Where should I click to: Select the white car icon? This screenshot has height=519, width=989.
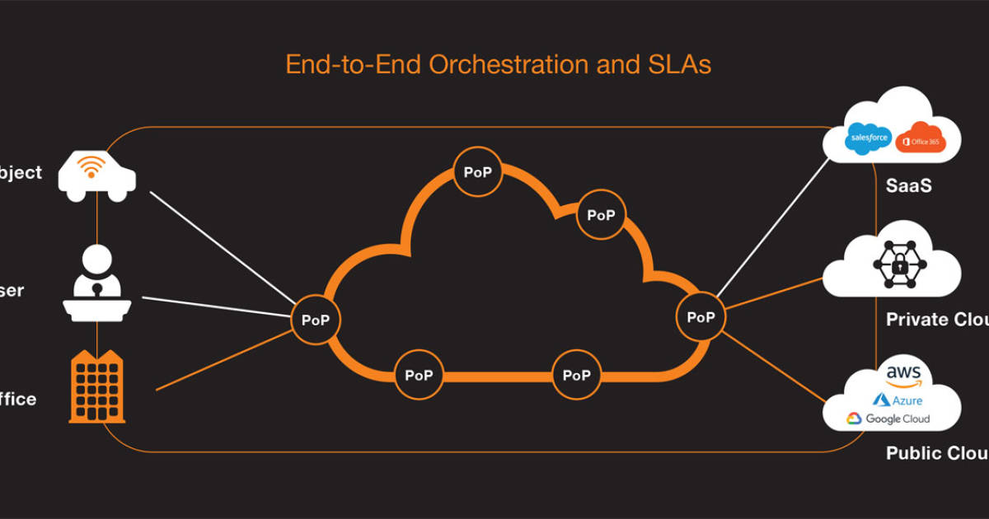click(97, 175)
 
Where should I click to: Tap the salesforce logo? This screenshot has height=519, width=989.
click(868, 137)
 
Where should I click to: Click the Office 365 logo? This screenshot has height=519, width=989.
click(921, 138)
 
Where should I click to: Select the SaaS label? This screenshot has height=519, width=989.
click(909, 186)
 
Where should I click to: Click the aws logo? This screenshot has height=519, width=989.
click(904, 376)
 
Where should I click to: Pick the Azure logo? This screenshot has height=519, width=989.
click(898, 400)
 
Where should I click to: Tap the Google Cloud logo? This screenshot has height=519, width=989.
click(888, 419)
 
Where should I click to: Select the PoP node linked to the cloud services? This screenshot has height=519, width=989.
click(701, 316)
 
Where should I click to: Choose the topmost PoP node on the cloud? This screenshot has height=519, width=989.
click(477, 172)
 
